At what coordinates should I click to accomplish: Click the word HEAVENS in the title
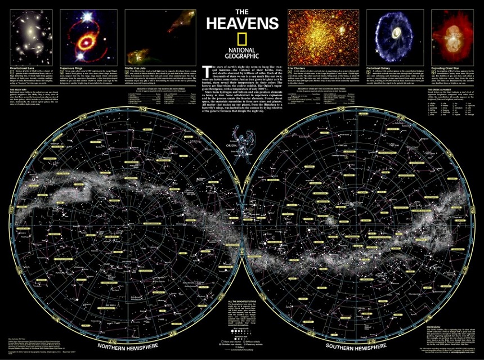point(242,23)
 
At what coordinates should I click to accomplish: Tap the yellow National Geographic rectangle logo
point(242,38)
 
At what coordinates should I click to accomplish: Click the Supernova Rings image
point(90,36)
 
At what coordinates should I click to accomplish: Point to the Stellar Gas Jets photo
point(160,36)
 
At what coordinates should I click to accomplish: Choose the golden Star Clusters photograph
point(324,36)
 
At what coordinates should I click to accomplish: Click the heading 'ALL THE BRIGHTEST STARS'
point(242,303)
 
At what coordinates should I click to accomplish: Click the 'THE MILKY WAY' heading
point(16,89)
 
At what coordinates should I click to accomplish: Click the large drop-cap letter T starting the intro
point(205,69)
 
